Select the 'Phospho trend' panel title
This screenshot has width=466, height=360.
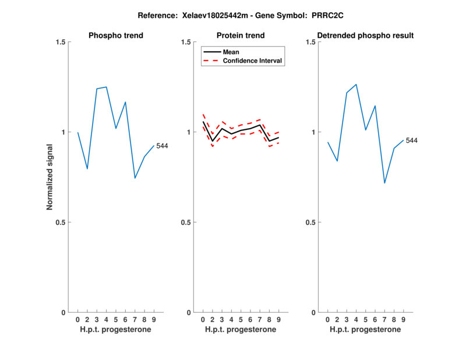116,36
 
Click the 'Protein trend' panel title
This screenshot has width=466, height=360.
241,36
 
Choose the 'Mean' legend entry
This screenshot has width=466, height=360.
231,52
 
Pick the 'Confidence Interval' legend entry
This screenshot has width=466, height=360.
253,61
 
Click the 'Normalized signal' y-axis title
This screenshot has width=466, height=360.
50,177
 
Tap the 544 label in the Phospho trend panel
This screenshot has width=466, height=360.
162,146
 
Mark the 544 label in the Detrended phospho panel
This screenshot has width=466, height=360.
412,140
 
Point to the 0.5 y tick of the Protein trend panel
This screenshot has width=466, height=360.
186,223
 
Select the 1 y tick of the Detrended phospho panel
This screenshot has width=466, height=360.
312,132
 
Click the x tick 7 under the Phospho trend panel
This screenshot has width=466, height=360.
135,319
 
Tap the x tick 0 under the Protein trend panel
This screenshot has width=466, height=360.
203,319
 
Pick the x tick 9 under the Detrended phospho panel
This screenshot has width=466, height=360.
403,319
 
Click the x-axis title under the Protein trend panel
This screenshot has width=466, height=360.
241,330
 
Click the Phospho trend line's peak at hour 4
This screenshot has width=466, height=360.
106,87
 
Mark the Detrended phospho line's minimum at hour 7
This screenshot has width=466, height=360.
384,183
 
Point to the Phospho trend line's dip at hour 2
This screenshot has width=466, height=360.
87,169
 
